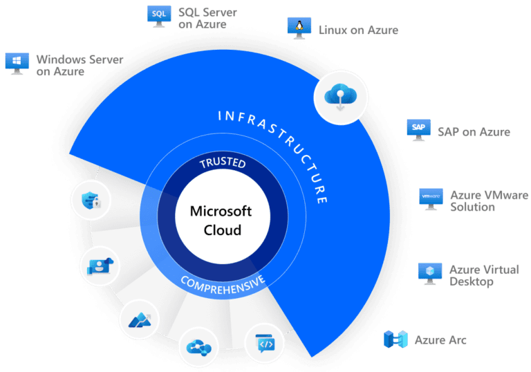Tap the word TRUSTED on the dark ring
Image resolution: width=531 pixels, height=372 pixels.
218,164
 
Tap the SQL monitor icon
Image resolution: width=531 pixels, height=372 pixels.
158,16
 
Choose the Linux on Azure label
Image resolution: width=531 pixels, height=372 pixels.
358,30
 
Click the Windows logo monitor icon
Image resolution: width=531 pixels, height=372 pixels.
15,62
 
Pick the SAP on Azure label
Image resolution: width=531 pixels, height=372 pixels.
474,131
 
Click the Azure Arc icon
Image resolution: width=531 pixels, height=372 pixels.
397,340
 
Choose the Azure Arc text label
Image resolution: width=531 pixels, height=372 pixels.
440,340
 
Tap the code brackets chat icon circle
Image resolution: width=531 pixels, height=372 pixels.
265,343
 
